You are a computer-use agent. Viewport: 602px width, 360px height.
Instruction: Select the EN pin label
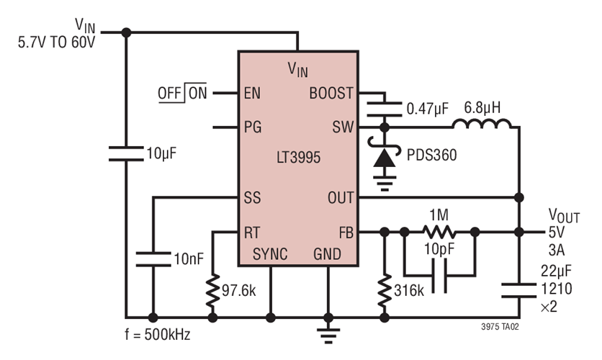(x=253, y=94)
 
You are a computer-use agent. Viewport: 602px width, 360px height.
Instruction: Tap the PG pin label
(x=253, y=128)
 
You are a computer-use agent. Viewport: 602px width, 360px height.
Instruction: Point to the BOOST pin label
(x=331, y=94)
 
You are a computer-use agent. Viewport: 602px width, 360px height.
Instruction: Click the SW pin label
(x=342, y=128)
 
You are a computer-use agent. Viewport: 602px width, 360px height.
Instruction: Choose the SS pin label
(x=252, y=197)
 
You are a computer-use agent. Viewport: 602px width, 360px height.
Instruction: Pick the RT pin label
(x=253, y=233)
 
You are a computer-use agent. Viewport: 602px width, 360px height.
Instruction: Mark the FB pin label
(x=343, y=233)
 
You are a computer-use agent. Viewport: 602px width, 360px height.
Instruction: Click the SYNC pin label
(x=271, y=254)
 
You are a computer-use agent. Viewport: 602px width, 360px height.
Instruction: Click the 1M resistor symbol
(x=439, y=233)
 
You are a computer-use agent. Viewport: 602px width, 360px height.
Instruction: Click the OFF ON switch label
(x=182, y=94)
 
